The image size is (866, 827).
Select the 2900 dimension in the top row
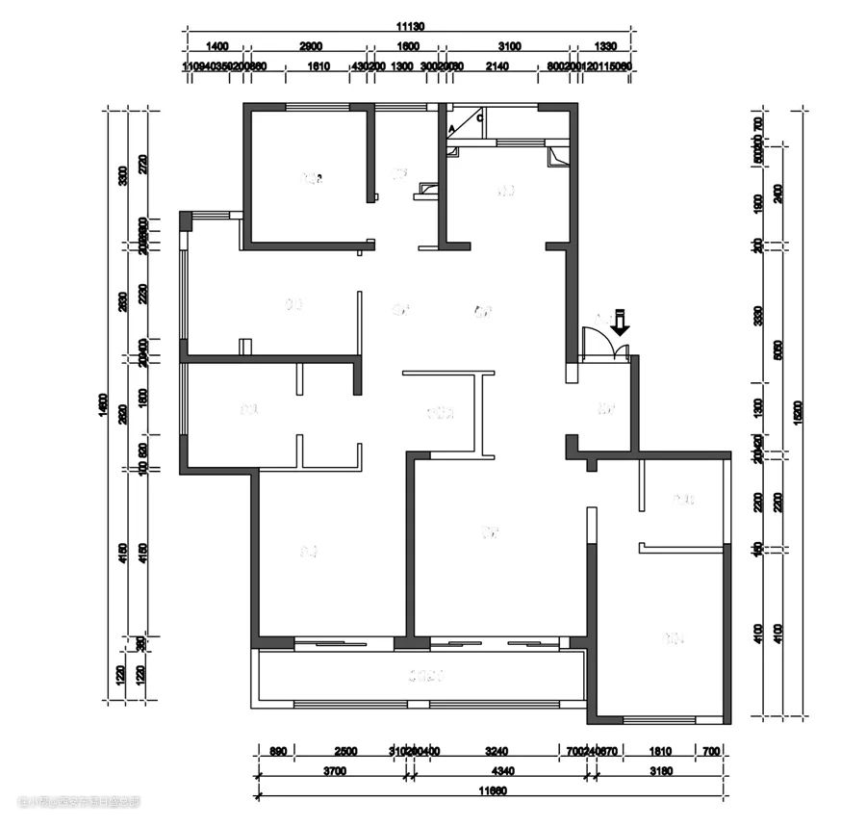pos(310,46)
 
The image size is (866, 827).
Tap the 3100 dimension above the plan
pos(509,46)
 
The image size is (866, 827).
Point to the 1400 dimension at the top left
pos(217,46)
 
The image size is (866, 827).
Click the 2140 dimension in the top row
pos(497,66)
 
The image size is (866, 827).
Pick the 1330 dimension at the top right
pos(605,46)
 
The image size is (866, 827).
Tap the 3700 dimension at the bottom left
pos(334,771)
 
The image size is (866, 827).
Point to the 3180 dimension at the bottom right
pos(661,771)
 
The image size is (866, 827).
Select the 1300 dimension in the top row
pos(402,66)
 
